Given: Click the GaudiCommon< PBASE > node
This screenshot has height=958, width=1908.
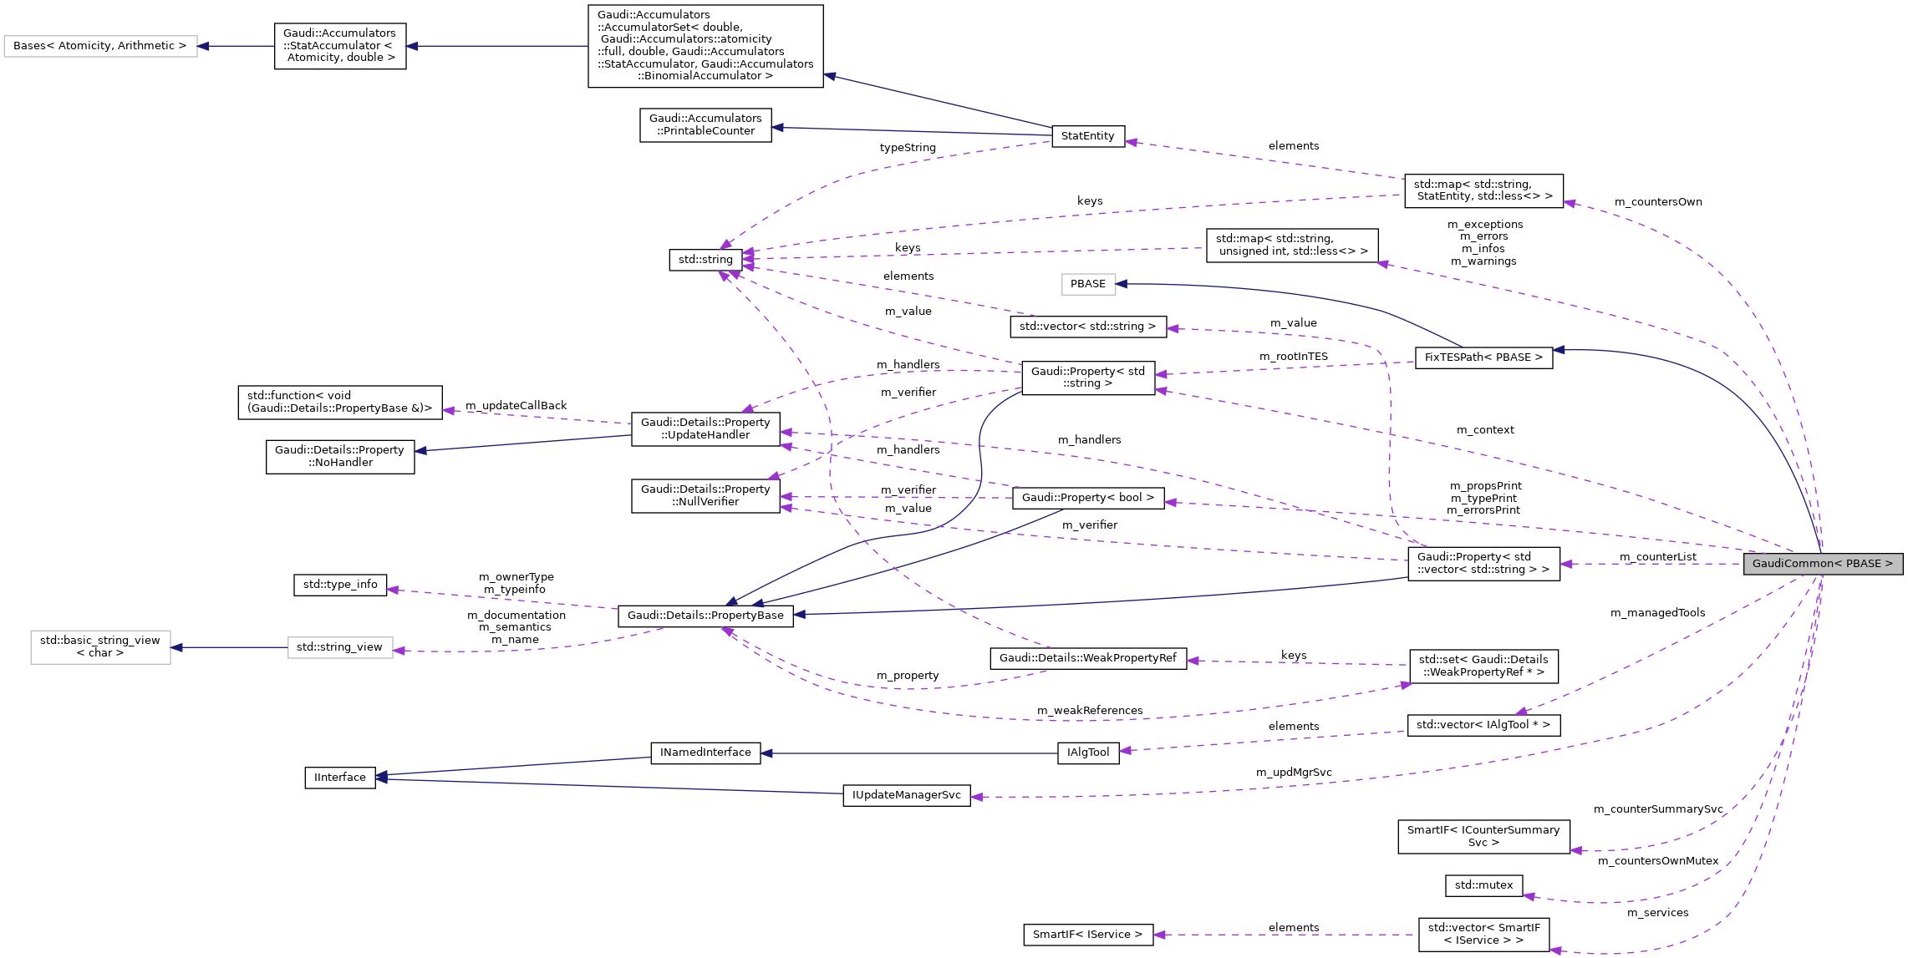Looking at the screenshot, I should pos(1822,564).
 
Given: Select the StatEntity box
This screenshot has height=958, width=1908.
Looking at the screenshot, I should pos(1087,136).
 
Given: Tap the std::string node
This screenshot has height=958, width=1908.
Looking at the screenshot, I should pos(705,260).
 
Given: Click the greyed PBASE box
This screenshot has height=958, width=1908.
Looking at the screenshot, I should pos(1087,284).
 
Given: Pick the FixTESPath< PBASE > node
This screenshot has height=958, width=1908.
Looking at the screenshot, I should pos(1483,357).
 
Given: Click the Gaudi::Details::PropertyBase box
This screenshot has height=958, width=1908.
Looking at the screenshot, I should pos(705,616).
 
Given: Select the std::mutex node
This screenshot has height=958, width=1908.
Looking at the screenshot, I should pos(1483,885).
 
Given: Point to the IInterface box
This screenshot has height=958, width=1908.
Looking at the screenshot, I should pos(339,778).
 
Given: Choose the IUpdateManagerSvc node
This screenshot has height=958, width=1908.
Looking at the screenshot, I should pos(906,795).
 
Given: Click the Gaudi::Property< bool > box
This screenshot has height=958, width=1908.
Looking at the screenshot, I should pos(1087,498).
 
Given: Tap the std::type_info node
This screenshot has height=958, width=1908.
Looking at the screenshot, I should pos(339,585).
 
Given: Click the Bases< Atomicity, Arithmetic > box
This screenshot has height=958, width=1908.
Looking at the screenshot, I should pos(100,46).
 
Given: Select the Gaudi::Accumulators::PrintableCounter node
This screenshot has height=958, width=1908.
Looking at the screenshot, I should pos(705,124).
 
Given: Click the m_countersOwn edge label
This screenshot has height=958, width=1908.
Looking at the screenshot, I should pos(1657,202).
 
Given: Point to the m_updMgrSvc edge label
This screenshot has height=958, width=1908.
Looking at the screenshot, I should pos(1293,773).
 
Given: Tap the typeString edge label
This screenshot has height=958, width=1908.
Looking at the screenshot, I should pos(907,148).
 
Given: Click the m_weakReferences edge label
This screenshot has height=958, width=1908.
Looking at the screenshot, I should pos(1089,711).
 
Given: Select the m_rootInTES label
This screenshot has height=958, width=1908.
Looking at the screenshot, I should pos(1293,357).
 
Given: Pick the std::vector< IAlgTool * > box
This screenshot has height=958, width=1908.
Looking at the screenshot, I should pos(1483,725).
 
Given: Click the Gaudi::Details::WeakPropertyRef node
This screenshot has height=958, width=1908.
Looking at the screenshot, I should pos(1087,658).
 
